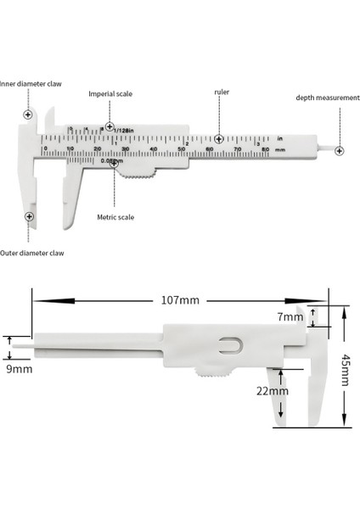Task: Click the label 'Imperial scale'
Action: coord(110,94)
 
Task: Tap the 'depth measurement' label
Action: coord(327,98)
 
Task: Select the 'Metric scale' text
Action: coord(115,217)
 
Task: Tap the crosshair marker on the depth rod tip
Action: coord(339,150)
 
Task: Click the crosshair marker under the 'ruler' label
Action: coord(219,138)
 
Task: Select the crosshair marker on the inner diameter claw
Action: coord(28,114)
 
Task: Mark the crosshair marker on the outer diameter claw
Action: coord(29,216)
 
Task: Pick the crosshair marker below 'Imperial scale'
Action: coord(110,126)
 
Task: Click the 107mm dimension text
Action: coord(177,299)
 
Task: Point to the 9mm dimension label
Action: coord(20,369)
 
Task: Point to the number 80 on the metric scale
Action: coord(266,149)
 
